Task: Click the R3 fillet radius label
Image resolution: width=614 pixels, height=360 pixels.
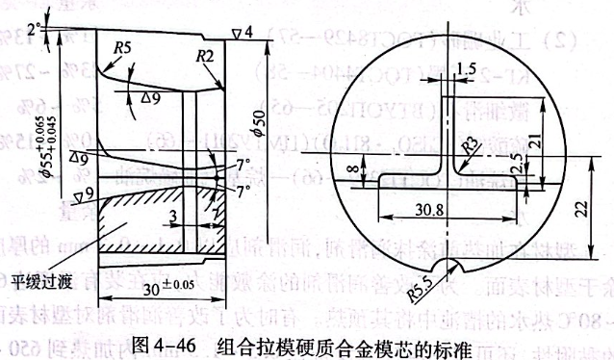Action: (469, 144)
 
